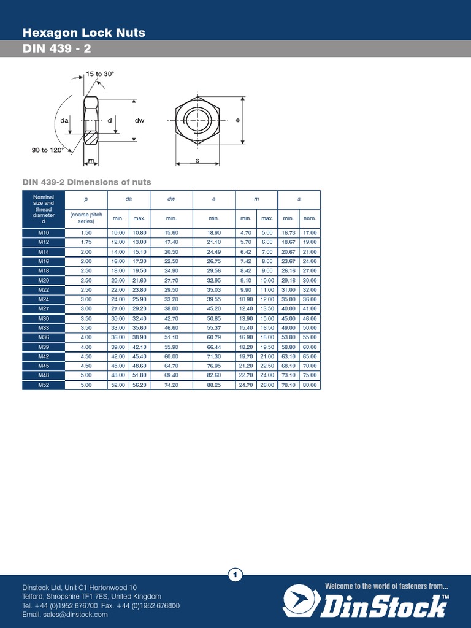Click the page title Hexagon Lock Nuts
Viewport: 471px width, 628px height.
(83, 33)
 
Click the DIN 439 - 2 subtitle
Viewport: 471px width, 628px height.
(57, 49)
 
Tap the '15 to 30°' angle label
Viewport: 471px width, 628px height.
(100, 74)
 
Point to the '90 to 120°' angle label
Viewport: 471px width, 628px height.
(48, 150)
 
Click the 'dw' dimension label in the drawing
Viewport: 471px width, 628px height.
(139, 121)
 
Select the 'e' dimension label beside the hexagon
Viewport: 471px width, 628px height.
(237, 120)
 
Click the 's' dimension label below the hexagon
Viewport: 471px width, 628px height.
(197, 159)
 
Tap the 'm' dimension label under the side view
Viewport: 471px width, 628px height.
(90, 161)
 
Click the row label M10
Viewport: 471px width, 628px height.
(43, 233)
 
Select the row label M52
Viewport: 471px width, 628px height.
(43, 385)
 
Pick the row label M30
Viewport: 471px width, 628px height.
(43, 319)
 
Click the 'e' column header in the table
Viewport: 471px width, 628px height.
(214, 199)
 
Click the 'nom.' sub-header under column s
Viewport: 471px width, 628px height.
(309, 218)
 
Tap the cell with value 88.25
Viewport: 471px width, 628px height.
(214, 385)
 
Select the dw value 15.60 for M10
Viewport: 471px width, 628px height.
(171, 233)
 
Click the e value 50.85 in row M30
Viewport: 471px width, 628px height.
(214, 319)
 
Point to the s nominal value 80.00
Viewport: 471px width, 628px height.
(309, 385)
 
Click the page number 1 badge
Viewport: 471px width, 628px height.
(235, 575)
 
